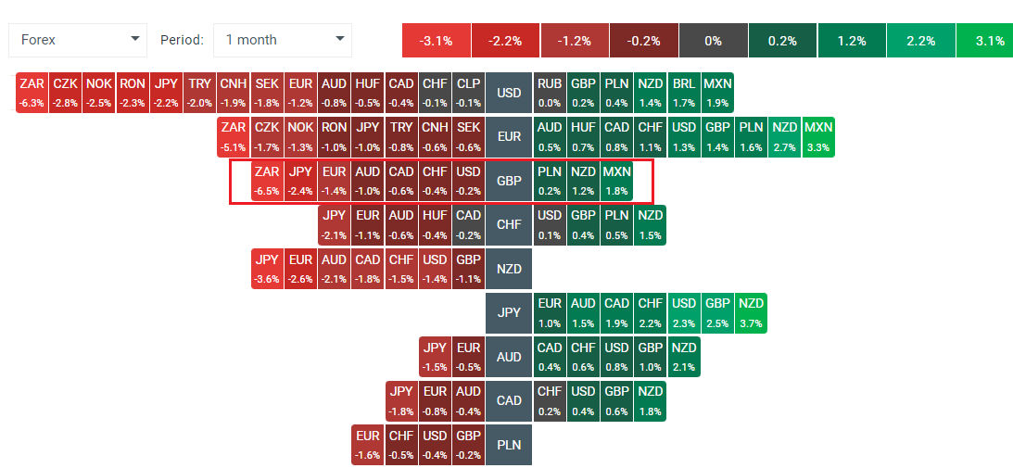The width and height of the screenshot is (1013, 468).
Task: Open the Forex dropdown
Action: coord(78,40)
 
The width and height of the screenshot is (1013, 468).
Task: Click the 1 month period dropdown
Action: coord(283,40)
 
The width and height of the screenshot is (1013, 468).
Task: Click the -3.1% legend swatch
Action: coord(436,41)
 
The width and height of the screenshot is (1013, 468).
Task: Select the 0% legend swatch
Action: coord(713,41)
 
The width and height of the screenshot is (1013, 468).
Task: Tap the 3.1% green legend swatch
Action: coord(990,41)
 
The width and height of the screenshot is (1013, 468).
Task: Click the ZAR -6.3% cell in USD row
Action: coord(32,93)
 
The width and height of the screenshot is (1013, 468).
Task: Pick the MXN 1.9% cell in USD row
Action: coord(717,93)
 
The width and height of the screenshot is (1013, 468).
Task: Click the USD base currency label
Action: coord(509,93)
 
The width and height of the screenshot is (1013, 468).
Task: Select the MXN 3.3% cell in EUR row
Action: coord(818,136)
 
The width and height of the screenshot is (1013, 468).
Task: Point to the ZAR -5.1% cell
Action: coord(234,136)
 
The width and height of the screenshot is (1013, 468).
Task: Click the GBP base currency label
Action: coord(509,181)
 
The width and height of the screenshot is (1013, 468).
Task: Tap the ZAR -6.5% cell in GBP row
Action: coord(267,181)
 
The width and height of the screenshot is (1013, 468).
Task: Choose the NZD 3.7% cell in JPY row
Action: coord(751,312)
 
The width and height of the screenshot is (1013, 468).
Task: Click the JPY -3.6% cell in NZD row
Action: coord(267,269)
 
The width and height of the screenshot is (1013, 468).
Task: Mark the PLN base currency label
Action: coord(509,445)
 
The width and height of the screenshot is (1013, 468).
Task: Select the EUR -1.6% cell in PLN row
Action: coord(368,445)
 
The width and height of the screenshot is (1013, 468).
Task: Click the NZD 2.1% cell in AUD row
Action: coord(683,357)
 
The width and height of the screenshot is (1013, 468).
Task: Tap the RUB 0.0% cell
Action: coord(550,93)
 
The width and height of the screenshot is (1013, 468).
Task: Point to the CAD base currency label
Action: coord(509,400)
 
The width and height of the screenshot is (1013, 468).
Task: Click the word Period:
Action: coord(182,40)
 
